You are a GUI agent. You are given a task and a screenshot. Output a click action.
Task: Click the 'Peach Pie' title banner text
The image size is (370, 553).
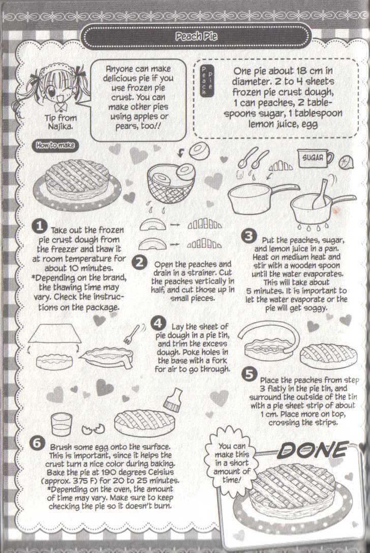(x=196, y=36)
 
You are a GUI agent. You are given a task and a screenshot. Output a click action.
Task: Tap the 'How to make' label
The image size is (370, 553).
(x=55, y=145)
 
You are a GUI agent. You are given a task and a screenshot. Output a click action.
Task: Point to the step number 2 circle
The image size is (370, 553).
(x=140, y=263)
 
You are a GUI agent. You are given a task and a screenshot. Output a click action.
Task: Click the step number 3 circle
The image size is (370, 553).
(x=249, y=236)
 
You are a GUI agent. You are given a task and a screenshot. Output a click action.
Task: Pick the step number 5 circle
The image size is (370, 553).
(x=249, y=374)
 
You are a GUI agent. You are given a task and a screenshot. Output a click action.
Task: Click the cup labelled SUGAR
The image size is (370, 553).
(x=315, y=159)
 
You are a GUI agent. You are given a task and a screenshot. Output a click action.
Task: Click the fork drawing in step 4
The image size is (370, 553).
(x=132, y=334)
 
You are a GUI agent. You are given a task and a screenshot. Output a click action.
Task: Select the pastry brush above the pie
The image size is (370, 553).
(x=172, y=400)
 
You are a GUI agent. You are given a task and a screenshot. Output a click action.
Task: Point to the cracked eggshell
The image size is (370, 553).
(x=93, y=428)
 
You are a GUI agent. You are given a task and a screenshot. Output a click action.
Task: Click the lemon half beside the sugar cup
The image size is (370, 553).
(x=344, y=162)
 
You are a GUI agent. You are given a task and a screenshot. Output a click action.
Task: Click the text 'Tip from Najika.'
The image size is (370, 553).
(x=60, y=122)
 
